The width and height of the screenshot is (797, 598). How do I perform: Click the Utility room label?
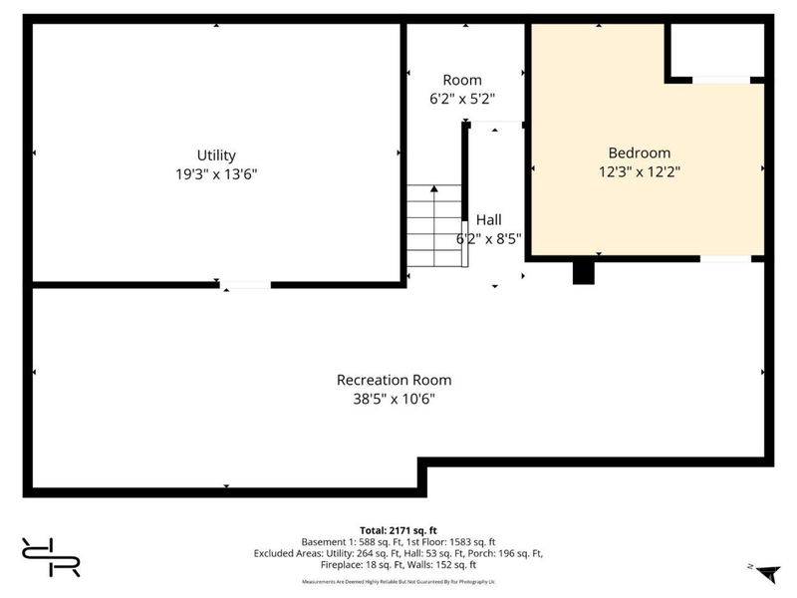tap(216, 155)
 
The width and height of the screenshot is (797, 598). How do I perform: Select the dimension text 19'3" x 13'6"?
tap(216, 173)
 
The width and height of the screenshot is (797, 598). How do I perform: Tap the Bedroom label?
tap(639, 152)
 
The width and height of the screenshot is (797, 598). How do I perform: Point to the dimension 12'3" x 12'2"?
tap(639, 170)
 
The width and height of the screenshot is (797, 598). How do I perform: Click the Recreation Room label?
tap(394, 380)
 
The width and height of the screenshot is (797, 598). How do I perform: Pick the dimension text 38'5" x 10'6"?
tap(394, 398)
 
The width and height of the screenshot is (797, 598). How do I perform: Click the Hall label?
tap(488, 220)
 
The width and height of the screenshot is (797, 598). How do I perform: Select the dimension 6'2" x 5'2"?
tap(462, 99)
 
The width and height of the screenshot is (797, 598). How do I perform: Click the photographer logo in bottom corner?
tap(50, 557)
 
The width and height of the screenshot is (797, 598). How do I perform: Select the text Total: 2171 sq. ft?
tap(398, 529)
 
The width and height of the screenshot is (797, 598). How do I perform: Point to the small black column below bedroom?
tap(583, 272)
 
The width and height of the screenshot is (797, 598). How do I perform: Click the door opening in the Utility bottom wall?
tap(245, 285)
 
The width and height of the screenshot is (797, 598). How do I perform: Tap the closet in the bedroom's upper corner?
tap(714, 50)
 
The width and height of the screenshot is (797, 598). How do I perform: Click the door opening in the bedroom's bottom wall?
tap(725, 259)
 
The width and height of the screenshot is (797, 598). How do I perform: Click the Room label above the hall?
tap(462, 80)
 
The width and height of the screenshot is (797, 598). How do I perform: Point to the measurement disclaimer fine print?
tap(398, 581)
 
